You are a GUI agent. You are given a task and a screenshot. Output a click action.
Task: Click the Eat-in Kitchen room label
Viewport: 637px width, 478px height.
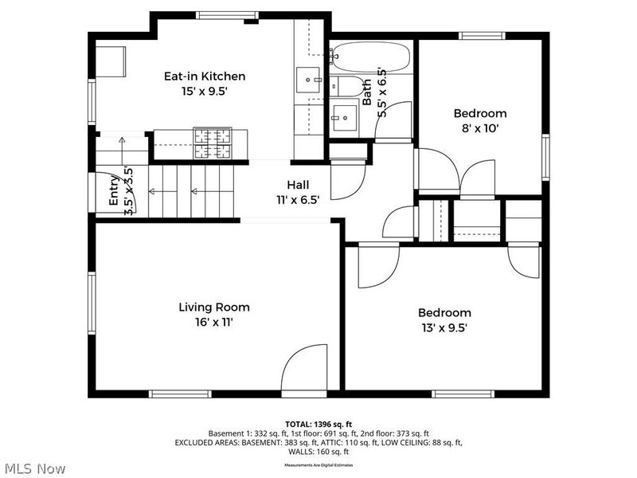point(204,76)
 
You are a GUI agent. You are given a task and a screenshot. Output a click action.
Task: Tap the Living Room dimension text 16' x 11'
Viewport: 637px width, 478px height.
point(213,323)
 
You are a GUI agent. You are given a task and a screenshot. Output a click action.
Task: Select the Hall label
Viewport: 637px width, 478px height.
point(298,185)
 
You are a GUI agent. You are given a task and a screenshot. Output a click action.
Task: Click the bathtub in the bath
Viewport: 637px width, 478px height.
point(371,57)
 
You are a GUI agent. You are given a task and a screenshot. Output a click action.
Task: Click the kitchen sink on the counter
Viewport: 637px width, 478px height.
point(308,80)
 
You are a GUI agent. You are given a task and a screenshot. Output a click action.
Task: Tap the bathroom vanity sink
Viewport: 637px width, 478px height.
point(345,118)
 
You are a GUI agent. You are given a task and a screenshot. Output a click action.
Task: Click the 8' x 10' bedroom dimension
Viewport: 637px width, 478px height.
point(479,127)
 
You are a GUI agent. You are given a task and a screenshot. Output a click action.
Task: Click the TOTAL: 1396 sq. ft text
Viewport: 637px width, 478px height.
point(318,424)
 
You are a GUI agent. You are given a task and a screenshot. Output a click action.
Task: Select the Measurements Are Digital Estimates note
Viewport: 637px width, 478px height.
point(318,464)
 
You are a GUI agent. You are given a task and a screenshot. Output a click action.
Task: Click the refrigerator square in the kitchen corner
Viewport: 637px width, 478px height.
point(111,61)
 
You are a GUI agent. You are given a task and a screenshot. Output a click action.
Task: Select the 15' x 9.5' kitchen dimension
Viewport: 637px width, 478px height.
point(204,92)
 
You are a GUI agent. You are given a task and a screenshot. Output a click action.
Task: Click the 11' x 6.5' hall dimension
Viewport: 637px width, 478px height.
point(298,200)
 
